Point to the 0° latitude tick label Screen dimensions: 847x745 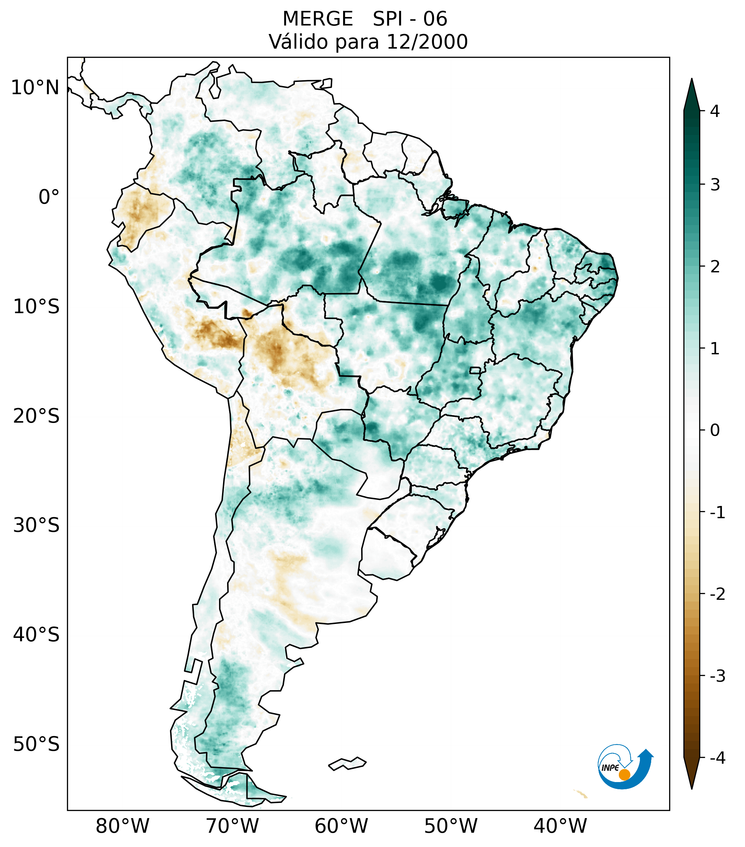coord(49,197)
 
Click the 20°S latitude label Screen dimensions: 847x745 coord(36,416)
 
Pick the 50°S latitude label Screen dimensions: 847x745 coord(36,745)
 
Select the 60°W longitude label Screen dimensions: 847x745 coord(341,826)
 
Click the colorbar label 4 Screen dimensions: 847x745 coord(715,111)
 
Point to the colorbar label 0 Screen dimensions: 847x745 coord(715,430)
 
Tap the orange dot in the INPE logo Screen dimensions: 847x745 coord(624,775)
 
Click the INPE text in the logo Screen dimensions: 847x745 coord(610,768)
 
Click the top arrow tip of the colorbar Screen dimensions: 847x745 coord(692,80)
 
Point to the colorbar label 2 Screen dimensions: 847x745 coord(715,267)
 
